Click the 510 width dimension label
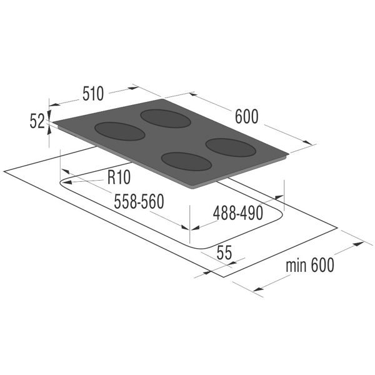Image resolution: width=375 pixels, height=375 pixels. click(x=93, y=94)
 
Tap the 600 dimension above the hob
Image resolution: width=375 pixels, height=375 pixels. click(x=247, y=116)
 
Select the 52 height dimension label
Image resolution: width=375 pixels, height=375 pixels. click(x=37, y=121)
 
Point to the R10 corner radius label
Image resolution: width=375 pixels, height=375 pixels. click(x=119, y=177)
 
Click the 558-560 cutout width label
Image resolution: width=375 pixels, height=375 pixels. click(x=139, y=201)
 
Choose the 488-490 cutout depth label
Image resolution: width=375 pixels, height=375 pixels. click(x=238, y=213)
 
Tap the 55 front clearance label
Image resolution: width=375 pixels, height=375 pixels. click(x=224, y=252)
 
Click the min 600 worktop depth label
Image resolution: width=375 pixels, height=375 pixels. click(x=310, y=265)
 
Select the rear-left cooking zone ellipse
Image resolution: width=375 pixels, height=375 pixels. click(x=165, y=119)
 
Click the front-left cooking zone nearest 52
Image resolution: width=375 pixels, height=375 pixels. click(x=120, y=131)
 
